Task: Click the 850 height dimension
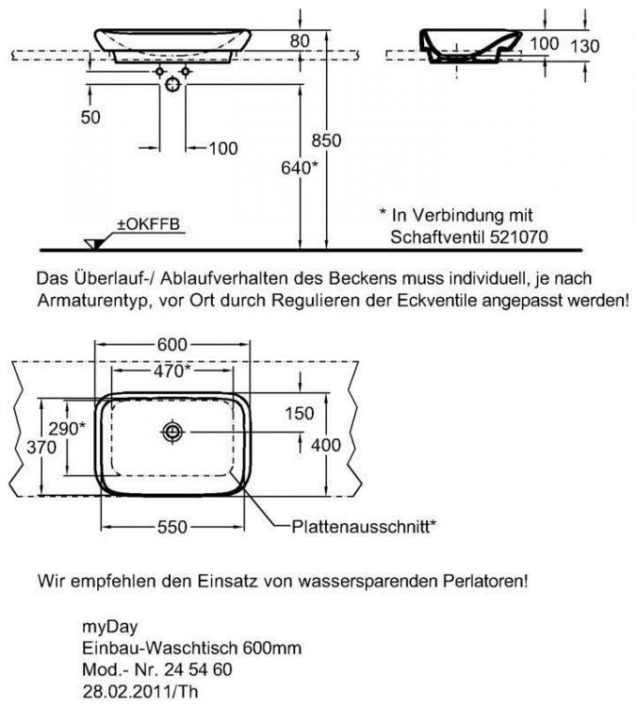coord(326,140)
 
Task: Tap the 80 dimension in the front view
coord(300,41)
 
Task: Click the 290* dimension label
coord(66,427)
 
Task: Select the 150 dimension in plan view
coord(300,412)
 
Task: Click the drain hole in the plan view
coord(173,432)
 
